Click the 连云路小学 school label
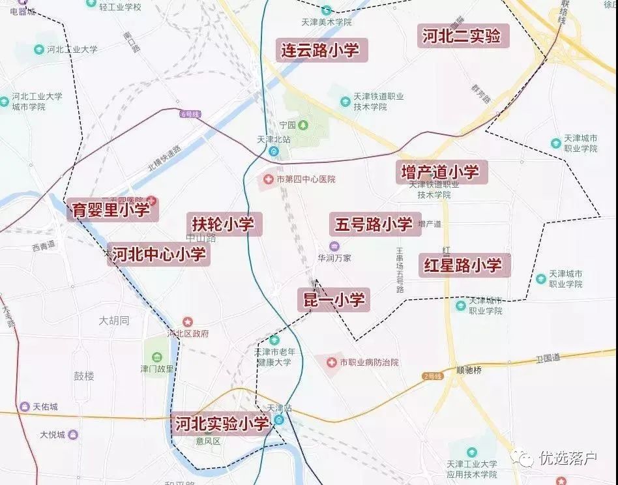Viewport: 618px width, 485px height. click(320, 50)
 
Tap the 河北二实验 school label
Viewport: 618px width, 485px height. click(462, 37)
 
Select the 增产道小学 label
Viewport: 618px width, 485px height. click(441, 172)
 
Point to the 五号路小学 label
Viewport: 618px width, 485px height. click(374, 224)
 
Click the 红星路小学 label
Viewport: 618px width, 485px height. click(463, 265)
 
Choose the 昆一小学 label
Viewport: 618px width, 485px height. click(332, 299)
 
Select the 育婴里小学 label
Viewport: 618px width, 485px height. click(111, 210)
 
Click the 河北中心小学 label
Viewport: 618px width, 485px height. click(159, 254)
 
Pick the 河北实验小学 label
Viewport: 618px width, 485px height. click(222, 424)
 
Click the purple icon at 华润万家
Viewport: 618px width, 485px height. click(334, 246)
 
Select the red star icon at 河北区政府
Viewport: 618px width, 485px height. click(188, 321)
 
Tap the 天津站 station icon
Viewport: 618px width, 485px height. click(279, 420)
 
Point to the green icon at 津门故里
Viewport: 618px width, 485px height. click(157, 357)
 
